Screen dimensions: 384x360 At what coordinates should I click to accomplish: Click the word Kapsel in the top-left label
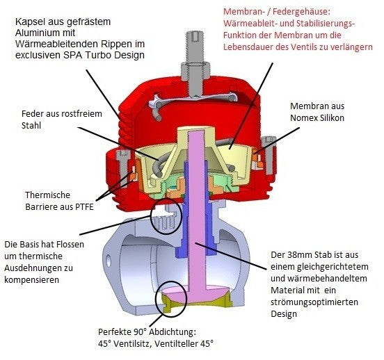30,22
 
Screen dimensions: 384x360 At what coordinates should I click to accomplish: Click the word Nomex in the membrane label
304,117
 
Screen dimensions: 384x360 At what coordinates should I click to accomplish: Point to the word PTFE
83,207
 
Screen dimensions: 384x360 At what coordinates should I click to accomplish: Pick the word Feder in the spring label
31,114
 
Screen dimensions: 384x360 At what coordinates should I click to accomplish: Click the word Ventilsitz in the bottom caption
129,343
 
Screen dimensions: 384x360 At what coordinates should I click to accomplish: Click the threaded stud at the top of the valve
195,47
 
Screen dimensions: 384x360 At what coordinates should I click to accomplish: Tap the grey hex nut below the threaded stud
195,71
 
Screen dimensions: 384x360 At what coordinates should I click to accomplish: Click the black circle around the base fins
167,216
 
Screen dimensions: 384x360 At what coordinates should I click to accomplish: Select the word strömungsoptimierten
314,302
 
